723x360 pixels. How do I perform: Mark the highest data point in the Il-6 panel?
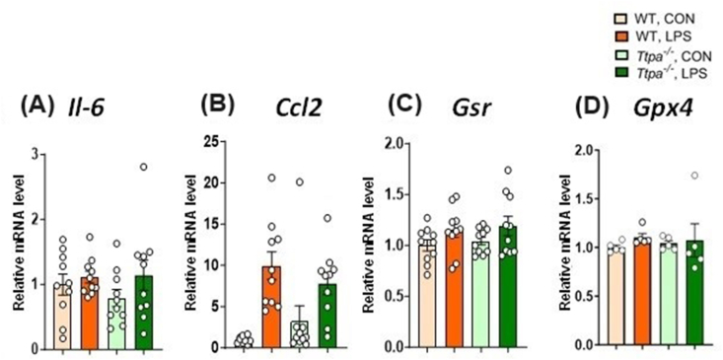(x=143, y=167)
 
